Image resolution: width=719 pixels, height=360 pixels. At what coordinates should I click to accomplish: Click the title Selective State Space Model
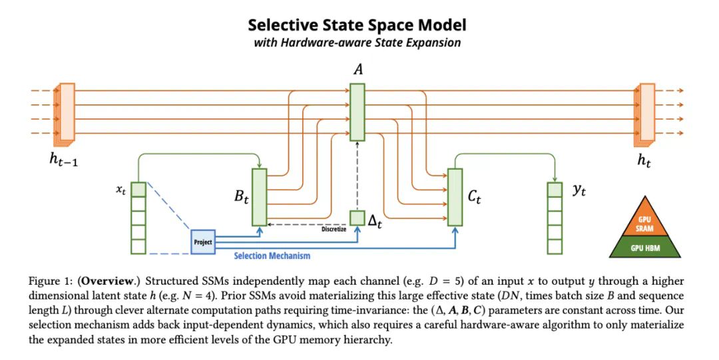click(x=357, y=25)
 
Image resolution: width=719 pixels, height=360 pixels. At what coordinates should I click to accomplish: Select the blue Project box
click(x=202, y=242)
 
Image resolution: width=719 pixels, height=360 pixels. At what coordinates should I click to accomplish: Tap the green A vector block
click(x=358, y=112)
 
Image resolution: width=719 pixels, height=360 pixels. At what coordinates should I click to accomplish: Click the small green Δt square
click(x=358, y=218)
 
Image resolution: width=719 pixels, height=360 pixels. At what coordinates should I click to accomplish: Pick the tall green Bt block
click(x=259, y=197)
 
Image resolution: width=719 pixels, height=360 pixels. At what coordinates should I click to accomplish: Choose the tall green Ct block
click(x=455, y=197)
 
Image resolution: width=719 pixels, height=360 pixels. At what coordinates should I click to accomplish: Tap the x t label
click(x=121, y=190)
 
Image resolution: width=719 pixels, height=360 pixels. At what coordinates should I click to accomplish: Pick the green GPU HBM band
click(x=644, y=249)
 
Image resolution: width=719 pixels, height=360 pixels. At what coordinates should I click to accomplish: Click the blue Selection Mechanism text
click(x=272, y=256)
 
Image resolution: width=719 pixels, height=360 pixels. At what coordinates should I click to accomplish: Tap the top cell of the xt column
click(x=138, y=190)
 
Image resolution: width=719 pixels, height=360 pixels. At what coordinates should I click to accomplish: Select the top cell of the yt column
click(x=555, y=190)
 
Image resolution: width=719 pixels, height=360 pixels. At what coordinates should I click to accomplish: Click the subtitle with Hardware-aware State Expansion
click(x=357, y=43)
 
